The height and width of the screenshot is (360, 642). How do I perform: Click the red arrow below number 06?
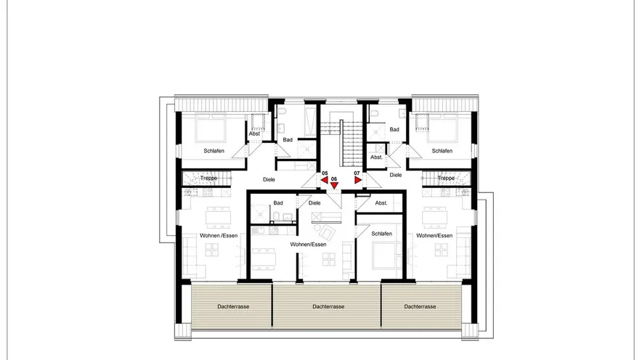pyautogui.click(x=335, y=186)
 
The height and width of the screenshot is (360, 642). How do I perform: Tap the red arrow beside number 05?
pyautogui.click(x=325, y=180)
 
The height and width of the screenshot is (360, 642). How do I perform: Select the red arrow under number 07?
pyautogui.click(x=358, y=180)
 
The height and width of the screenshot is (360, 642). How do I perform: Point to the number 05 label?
pyautogui.click(x=325, y=173)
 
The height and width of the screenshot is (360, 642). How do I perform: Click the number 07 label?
pyautogui.click(x=357, y=173)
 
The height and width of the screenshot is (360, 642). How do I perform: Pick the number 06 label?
pyautogui.click(x=334, y=179)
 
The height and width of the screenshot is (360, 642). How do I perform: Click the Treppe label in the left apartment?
pyautogui.click(x=209, y=179)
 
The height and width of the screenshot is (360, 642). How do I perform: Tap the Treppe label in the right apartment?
pyautogui.click(x=446, y=179)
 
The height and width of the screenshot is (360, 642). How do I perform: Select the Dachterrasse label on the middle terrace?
pyautogui.click(x=328, y=306)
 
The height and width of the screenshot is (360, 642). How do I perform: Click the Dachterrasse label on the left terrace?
pyautogui.click(x=233, y=306)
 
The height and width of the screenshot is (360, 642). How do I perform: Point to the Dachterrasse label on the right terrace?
pyautogui.click(x=420, y=306)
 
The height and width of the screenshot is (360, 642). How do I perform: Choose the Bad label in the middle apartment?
pyautogui.click(x=278, y=203)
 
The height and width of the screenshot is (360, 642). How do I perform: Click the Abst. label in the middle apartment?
pyautogui.click(x=381, y=203)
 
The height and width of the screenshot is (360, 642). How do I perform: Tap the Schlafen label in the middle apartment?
pyautogui.click(x=381, y=234)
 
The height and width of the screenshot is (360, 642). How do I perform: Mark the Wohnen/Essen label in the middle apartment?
pyautogui.click(x=309, y=245)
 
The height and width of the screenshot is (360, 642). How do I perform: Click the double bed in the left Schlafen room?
pyautogui.click(x=211, y=128)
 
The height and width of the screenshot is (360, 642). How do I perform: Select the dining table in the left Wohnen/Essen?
pyautogui.click(x=218, y=217)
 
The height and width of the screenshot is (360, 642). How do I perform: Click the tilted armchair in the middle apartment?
pyautogui.click(x=327, y=233)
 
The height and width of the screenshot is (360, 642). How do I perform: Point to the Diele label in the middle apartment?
pyautogui.click(x=314, y=203)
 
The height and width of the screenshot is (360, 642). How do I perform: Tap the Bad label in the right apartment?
pyautogui.click(x=394, y=129)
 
